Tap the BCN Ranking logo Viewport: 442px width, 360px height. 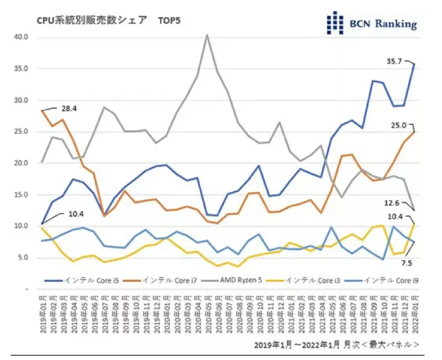(371, 24)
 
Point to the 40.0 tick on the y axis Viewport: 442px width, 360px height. (21, 37)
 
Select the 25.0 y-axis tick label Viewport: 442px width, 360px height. (21, 131)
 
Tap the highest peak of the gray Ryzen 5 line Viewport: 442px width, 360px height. (207, 35)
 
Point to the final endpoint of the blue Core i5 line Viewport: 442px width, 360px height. (414, 64)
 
